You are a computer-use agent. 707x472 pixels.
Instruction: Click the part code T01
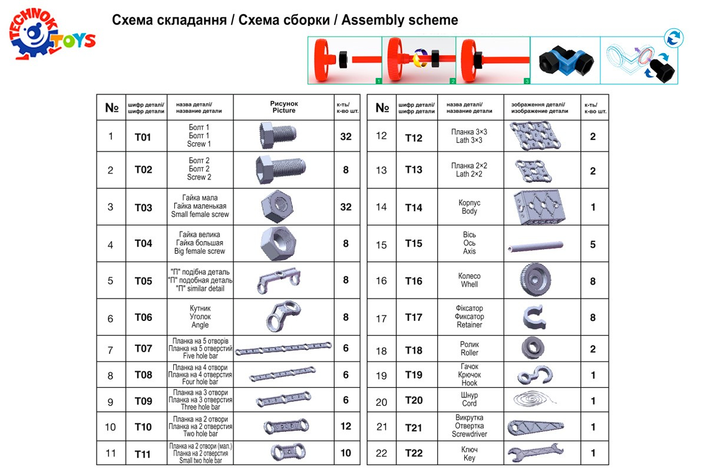tap(143, 137)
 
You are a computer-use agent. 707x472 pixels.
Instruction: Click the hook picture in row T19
tap(535, 375)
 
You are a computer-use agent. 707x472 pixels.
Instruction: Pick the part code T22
tap(414, 453)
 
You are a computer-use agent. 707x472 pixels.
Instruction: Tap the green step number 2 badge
tap(452, 80)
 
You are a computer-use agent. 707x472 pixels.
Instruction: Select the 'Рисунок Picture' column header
tap(284, 107)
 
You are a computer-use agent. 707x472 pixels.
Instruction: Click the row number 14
tap(381, 207)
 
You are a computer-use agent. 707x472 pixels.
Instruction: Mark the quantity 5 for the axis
tap(593, 244)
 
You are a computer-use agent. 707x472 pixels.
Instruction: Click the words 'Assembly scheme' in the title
tap(400, 20)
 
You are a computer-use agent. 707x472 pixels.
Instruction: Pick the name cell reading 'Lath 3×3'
tap(469, 140)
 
